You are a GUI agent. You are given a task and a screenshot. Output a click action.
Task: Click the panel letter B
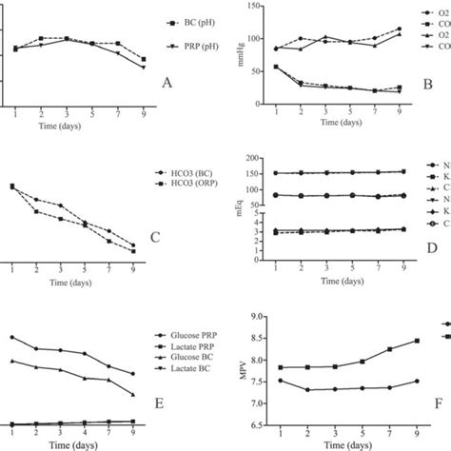pos(428,85)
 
